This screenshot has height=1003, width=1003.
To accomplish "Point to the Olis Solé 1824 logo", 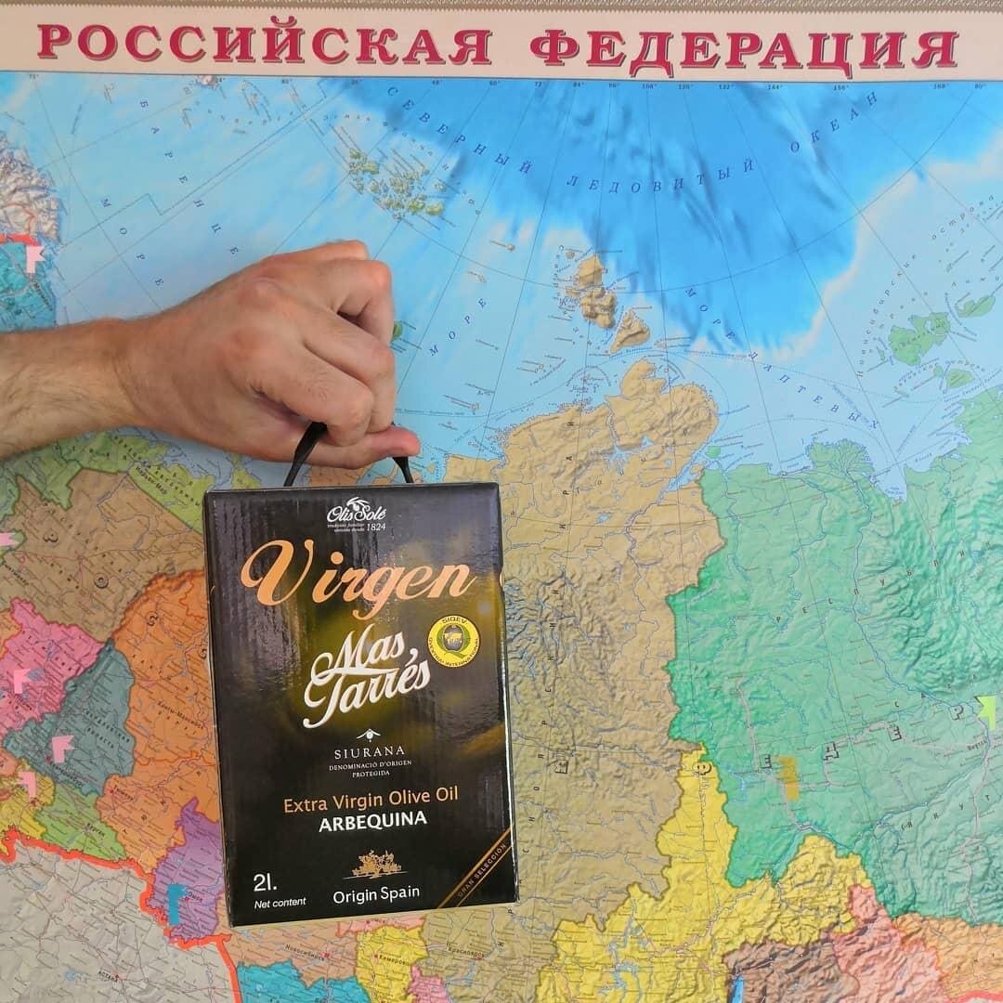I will [354, 516].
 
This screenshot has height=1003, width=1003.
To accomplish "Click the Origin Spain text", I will [376, 893].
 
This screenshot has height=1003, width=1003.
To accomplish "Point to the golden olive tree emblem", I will [375, 866].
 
